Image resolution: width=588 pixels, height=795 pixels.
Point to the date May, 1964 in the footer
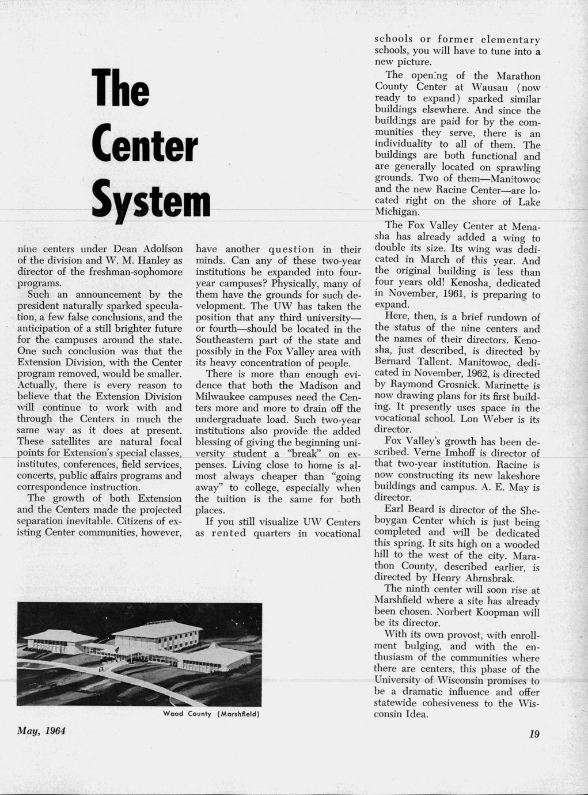coord(42,730)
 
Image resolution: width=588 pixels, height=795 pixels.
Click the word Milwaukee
coord(224,397)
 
